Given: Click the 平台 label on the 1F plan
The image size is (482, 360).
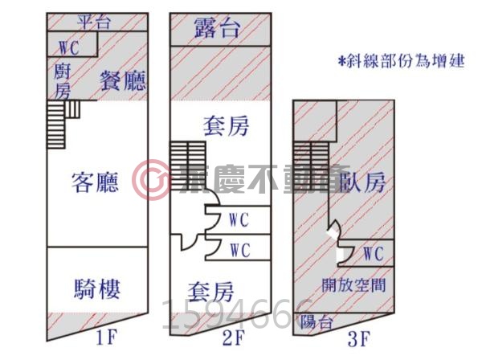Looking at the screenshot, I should pos(97,21).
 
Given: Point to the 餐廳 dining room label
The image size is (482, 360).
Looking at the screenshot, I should pos(121,80).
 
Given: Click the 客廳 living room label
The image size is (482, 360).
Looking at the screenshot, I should pos(96,183).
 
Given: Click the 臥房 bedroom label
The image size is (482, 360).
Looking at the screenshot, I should pos(362,182).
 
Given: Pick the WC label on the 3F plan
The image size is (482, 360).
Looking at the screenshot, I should pos(372,254).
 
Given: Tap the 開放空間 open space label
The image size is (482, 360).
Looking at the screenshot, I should pos(353,284).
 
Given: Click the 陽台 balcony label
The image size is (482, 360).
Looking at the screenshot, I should pos(315,323).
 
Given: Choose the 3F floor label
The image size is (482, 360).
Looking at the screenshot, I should pos(359,338).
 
